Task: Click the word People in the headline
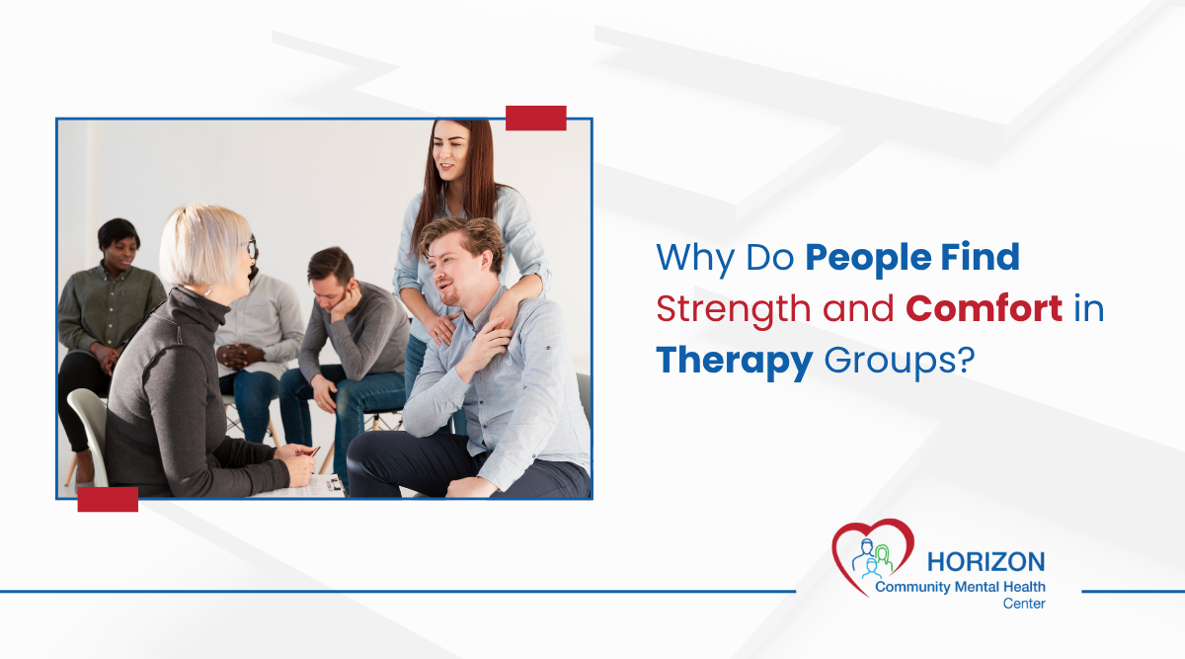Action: click(863, 259)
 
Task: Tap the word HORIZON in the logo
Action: click(985, 562)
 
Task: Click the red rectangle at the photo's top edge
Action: click(535, 119)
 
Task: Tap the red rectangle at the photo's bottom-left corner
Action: click(108, 499)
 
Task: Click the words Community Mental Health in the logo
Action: click(959, 587)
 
